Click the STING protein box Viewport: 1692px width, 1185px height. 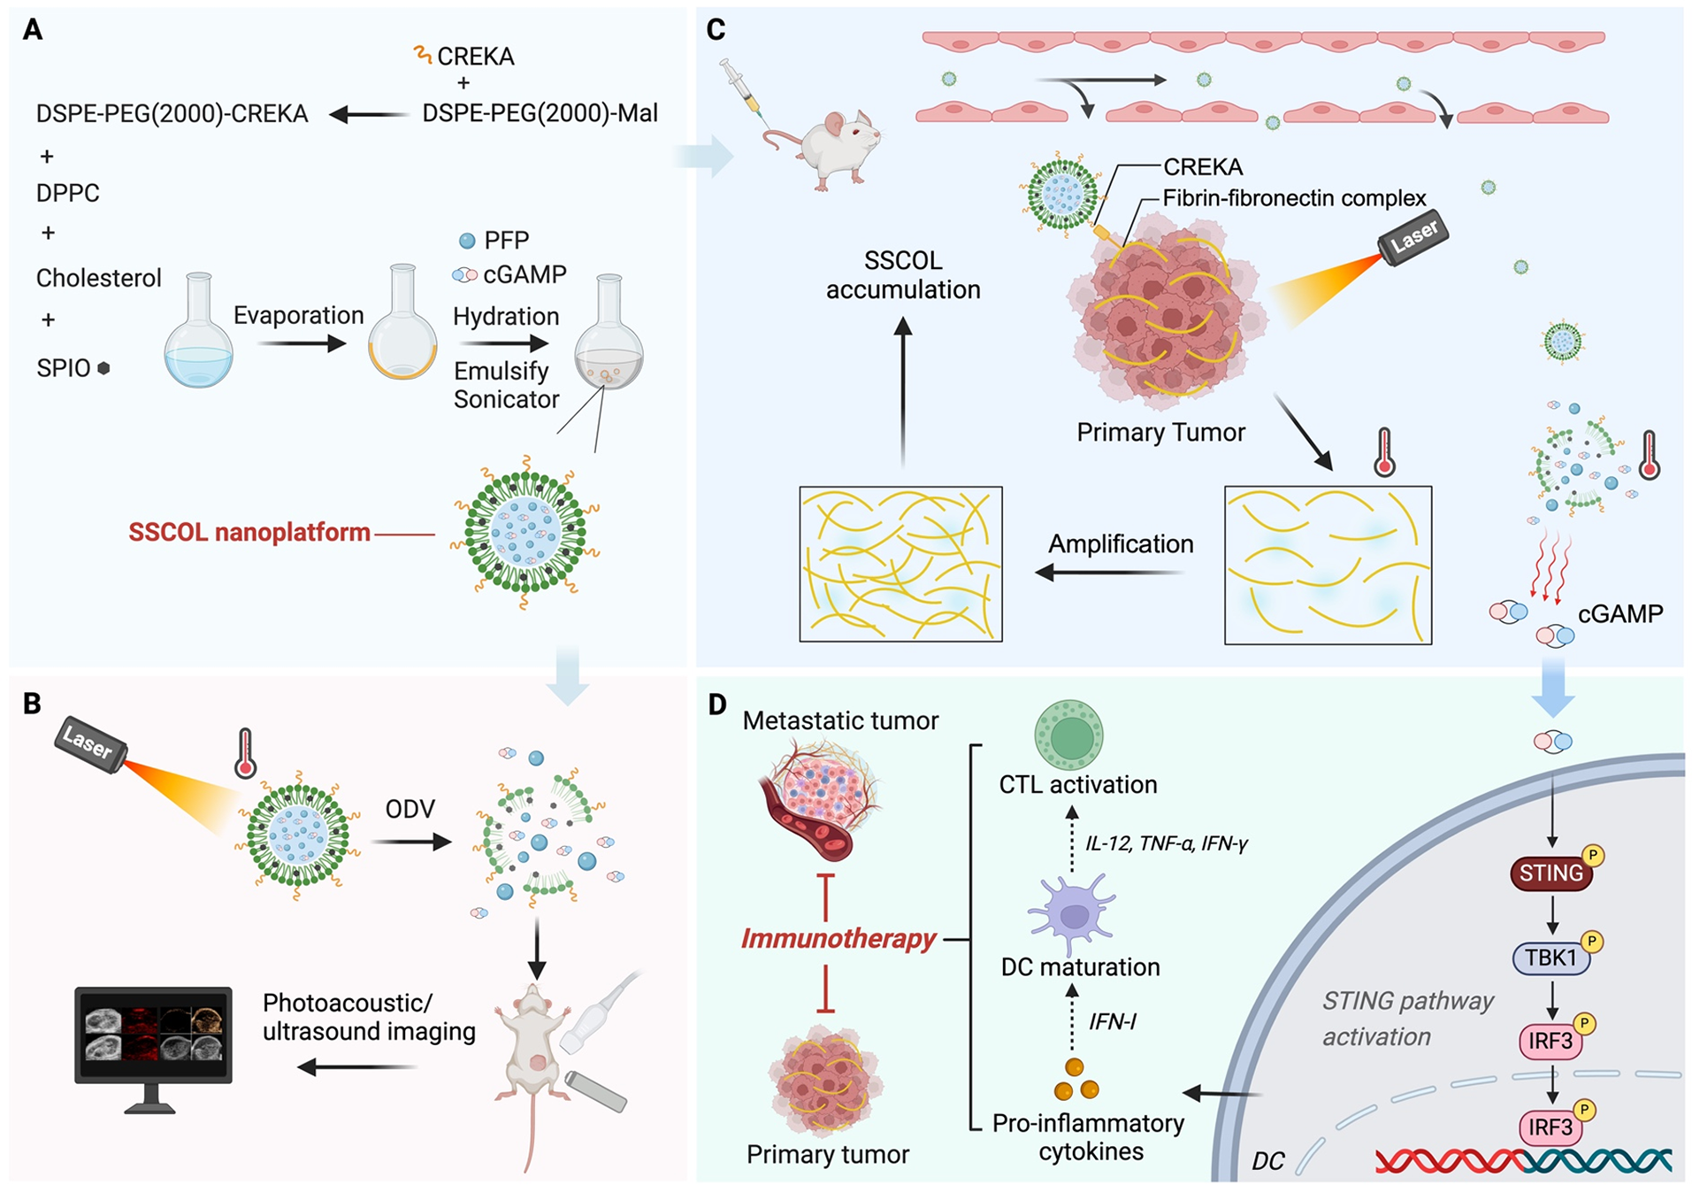click(1550, 873)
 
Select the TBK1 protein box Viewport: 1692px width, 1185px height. click(1551, 958)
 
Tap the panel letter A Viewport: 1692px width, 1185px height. click(33, 30)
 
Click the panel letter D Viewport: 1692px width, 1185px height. click(716, 704)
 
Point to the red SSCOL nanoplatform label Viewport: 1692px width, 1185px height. click(249, 532)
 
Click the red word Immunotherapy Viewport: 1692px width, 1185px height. click(838, 938)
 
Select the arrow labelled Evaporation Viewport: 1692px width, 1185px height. click(302, 343)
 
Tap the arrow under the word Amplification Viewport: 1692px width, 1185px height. click(1109, 573)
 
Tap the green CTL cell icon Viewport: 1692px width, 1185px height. click(1069, 735)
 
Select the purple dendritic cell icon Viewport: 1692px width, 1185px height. click(1073, 913)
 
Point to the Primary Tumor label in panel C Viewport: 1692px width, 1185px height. click(1160, 432)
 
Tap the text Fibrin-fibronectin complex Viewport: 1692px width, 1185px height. click(1295, 198)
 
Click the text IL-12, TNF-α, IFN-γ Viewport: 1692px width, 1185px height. click(1167, 843)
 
